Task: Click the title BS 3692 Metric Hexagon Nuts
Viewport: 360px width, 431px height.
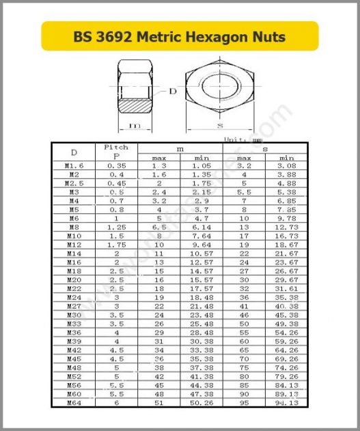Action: pos(180,36)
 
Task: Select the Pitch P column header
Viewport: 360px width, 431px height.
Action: pos(115,151)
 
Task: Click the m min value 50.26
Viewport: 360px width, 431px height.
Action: pos(201,403)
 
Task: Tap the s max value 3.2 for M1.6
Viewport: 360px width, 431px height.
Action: pos(244,165)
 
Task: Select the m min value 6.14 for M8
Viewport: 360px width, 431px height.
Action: pos(201,227)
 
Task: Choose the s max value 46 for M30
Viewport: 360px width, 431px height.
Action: pos(244,315)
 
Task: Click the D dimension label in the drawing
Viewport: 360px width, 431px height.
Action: pos(172,91)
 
